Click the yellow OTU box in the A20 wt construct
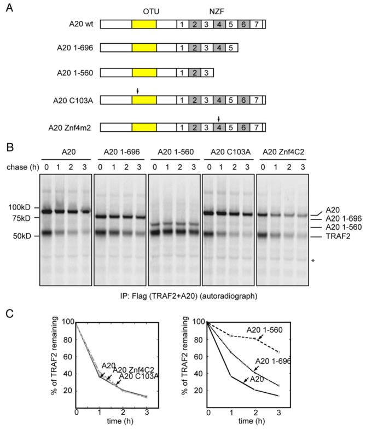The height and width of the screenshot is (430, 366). (x=144, y=25)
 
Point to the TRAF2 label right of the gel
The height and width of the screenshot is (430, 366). (x=338, y=237)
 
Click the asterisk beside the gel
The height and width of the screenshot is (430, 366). (x=328, y=262)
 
